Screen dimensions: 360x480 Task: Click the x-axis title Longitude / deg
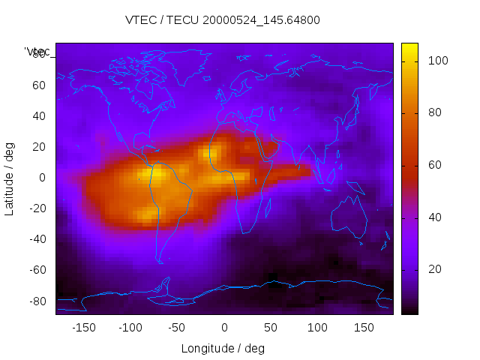(223, 348)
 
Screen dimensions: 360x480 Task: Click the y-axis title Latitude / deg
(10, 178)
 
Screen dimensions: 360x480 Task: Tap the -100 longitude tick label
(130, 327)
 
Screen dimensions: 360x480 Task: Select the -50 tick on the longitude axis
(177, 327)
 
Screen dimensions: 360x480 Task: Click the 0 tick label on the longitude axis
(224, 327)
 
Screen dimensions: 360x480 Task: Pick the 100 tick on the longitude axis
(317, 327)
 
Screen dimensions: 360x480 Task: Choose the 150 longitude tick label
(364, 327)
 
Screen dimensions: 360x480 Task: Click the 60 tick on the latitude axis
(39, 85)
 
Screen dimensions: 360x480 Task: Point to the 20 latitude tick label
(39, 146)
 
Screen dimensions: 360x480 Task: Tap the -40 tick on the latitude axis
(37, 239)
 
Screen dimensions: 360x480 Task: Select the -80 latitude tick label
(37, 301)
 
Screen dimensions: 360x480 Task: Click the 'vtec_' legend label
(37, 52)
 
